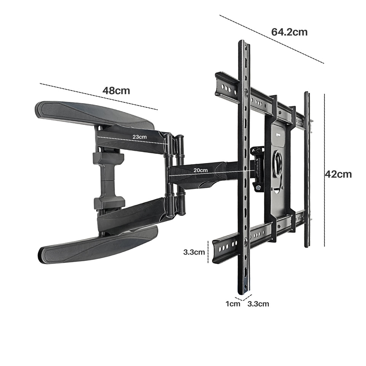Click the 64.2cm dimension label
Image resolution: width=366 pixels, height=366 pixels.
pos(289,32)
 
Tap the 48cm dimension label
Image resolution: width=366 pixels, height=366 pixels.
pos(116,91)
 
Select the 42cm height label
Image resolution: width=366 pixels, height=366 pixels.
pos(338,174)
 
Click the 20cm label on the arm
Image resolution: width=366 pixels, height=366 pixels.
pos(200,170)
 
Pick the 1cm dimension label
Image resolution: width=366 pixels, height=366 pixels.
pos(233,304)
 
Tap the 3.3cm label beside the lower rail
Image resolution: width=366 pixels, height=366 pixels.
pos(194,252)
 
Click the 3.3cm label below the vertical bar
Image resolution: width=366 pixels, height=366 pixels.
pos(258,304)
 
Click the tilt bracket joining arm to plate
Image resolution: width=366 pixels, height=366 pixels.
pos(257,168)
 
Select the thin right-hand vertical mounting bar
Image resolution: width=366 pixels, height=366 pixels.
pos(307,169)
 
